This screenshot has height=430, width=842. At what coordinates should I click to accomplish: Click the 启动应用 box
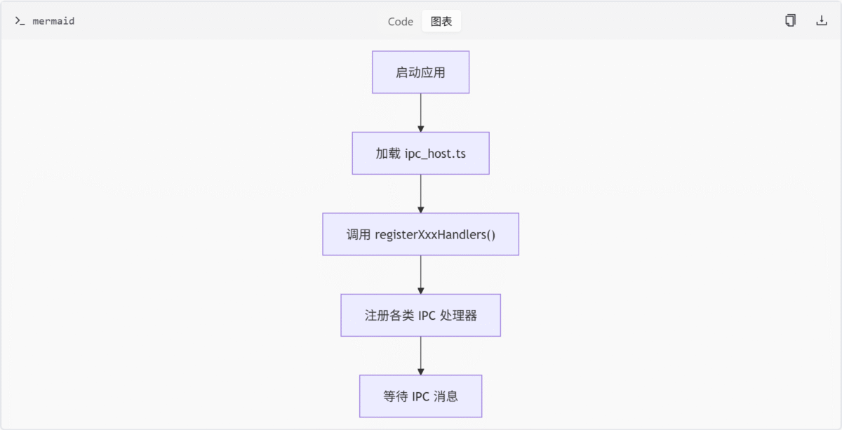(420, 72)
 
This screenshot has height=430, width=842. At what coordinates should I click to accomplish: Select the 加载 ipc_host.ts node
(420, 153)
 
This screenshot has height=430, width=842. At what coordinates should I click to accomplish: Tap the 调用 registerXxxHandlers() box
(420, 234)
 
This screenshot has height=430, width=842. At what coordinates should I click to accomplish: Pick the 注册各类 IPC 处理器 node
(420, 315)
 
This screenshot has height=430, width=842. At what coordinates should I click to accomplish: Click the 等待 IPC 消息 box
(420, 396)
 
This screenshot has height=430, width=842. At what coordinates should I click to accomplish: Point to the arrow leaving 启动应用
(420, 113)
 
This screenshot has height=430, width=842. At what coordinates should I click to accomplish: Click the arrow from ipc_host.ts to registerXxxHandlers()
(420, 194)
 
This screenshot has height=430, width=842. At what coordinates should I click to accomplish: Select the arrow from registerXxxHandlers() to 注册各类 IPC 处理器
(420, 275)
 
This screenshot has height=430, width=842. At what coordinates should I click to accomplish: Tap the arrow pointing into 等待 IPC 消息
(420, 356)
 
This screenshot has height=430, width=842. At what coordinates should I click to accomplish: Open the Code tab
(401, 22)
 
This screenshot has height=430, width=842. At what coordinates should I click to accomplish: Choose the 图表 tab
(441, 22)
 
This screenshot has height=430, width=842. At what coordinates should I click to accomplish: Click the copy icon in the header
(790, 20)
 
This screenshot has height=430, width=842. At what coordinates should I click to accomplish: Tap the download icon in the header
(822, 20)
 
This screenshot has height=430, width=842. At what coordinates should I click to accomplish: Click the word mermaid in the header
(53, 21)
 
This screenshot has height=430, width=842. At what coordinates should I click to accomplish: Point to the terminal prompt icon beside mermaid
(20, 21)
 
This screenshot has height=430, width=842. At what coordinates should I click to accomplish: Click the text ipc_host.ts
(435, 154)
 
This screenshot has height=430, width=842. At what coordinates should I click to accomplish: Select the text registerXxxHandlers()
(435, 234)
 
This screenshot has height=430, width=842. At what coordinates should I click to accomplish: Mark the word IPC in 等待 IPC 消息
(420, 396)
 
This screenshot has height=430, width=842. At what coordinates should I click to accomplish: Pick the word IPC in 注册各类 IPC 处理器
(427, 316)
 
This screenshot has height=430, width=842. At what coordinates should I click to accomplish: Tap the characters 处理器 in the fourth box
(458, 316)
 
